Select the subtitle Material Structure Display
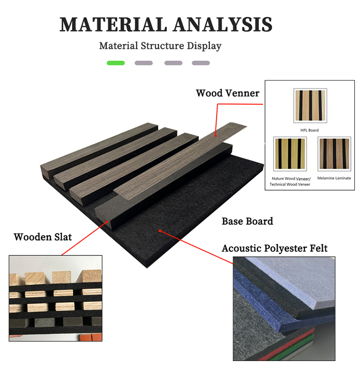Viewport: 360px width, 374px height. coord(160,46)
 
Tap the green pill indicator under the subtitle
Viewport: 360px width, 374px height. coord(116,63)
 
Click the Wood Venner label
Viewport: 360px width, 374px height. coord(228,93)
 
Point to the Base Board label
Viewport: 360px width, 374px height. coord(247,221)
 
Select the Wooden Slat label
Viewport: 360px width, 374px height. coord(43,237)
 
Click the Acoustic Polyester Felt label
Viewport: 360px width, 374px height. coord(275,249)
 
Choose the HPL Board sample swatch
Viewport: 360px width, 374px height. coord(310,106)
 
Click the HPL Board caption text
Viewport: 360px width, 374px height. coord(310,130)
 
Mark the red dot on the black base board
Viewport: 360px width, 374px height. coord(159,231)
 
